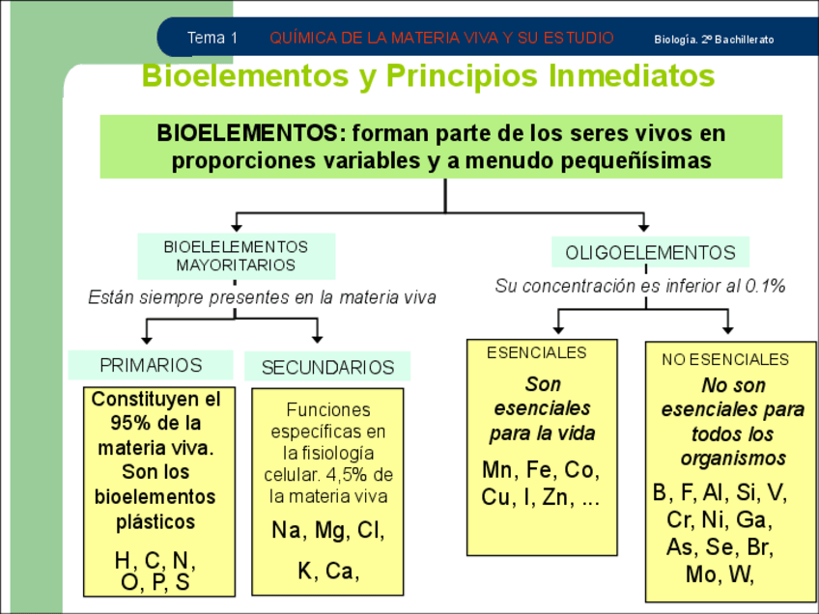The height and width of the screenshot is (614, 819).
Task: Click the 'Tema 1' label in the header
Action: [212, 39]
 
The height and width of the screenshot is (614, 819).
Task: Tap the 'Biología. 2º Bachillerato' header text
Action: [714, 40]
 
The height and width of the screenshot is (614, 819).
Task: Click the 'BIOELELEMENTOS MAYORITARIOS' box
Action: [236, 256]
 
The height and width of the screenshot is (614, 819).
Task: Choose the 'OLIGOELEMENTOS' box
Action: [650, 253]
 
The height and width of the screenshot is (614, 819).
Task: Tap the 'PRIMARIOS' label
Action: [151, 366]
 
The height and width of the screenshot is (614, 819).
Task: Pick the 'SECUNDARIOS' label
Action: [327, 368]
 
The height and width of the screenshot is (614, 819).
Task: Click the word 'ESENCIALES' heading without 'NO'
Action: [536, 353]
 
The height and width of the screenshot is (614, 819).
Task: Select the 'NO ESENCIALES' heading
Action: [725, 359]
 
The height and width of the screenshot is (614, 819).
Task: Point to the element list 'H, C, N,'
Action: [155, 561]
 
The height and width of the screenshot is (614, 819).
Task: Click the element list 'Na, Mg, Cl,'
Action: [327, 532]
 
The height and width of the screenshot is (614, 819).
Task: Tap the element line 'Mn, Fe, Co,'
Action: [541, 471]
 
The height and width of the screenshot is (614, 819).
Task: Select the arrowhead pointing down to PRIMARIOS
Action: [147, 338]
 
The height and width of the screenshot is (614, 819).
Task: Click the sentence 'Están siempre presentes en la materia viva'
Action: [262, 297]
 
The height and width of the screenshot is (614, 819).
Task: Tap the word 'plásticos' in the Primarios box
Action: [155, 521]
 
